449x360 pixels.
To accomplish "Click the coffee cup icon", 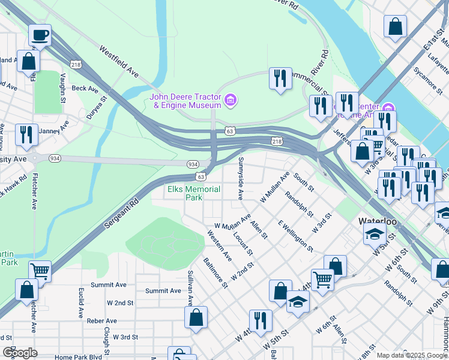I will point(40,35).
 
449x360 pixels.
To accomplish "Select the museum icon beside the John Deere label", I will point(230,100).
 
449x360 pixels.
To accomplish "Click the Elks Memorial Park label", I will point(193,193).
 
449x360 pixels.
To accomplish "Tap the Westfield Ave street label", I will point(119,62).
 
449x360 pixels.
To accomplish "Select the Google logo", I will point(20,353).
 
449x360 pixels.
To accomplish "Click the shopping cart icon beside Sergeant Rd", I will point(40,271).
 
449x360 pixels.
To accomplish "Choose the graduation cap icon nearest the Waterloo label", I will point(375,234).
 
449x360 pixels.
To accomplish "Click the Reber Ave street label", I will point(101,321).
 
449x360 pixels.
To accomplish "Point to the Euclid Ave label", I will point(80,302).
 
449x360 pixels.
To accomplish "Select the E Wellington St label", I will point(295,235).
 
